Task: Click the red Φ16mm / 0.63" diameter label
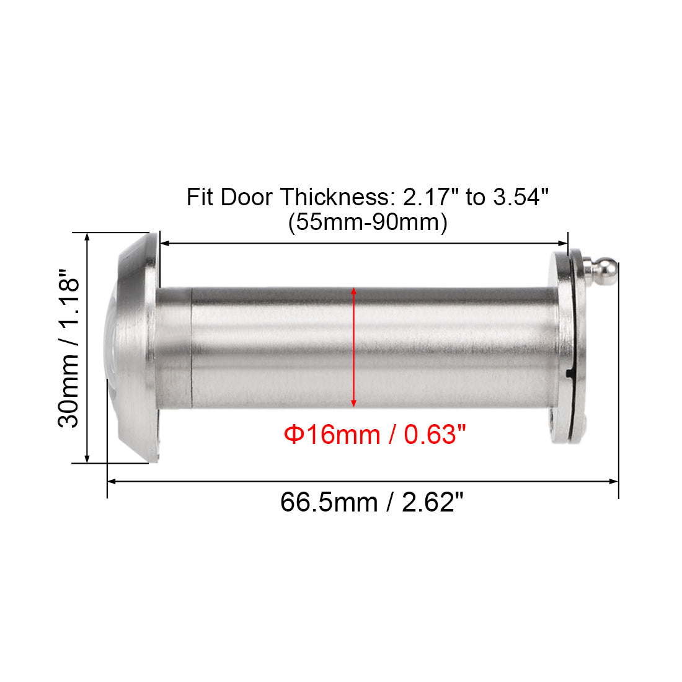(x=374, y=434)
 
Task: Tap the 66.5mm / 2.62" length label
(x=372, y=502)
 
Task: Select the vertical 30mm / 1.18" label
(x=68, y=348)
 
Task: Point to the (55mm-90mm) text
(x=368, y=222)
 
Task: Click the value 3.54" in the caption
(x=521, y=197)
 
